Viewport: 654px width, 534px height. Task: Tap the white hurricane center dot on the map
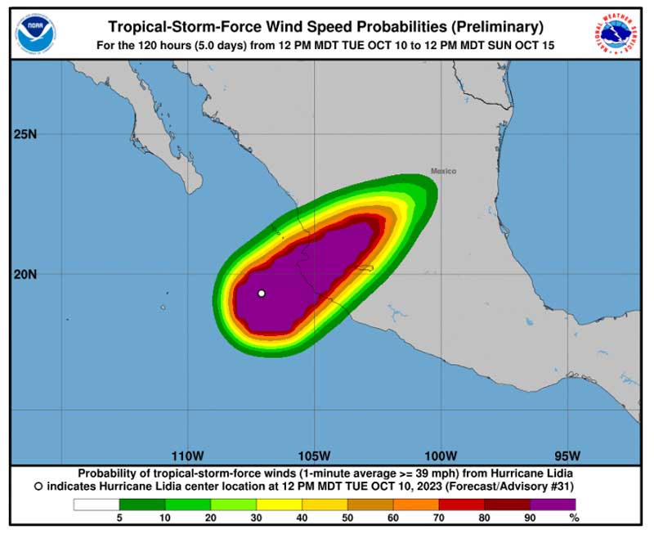pos(262,293)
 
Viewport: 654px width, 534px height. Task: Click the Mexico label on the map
pos(443,171)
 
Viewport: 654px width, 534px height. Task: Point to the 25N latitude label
pos(26,134)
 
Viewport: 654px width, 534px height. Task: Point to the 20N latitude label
pos(26,274)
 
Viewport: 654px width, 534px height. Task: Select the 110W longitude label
pos(187,455)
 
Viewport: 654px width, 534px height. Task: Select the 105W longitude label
pos(314,455)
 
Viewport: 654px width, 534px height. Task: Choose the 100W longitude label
pos(440,455)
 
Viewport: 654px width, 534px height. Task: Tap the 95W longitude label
pos(567,455)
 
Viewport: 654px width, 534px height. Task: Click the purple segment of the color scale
pos(553,505)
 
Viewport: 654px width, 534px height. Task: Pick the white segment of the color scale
pos(96,505)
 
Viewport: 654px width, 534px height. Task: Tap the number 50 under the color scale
pos(348,518)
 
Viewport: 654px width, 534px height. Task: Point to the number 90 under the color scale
pos(531,518)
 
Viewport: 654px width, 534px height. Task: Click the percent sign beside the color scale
pos(575,518)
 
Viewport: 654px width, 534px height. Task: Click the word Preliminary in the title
pos(491,26)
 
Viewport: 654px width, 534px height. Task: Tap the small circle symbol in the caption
pos(38,486)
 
